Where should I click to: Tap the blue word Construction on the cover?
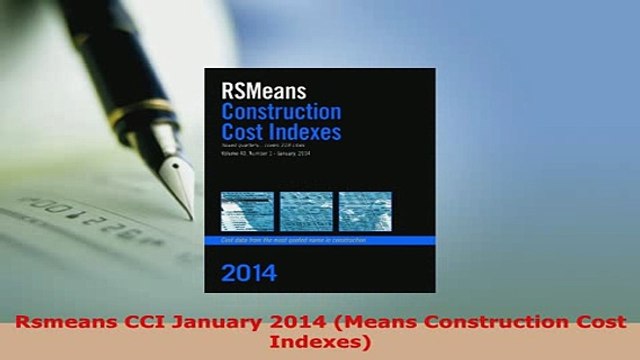[281, 111]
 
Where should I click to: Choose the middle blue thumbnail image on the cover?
[306, 212]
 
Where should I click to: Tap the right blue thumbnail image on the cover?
[365, 212]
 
